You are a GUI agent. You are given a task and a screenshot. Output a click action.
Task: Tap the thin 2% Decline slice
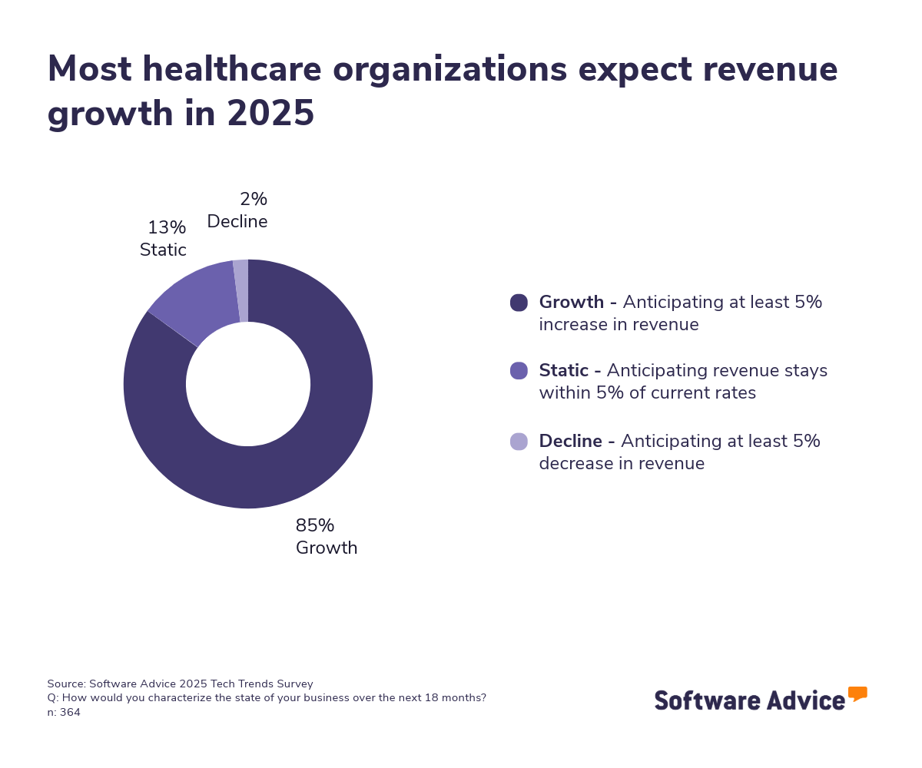[x=241, y=290]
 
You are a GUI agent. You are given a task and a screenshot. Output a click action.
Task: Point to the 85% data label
[x=315, y=526]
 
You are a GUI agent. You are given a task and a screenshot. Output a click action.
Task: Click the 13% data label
[x=167, y=228]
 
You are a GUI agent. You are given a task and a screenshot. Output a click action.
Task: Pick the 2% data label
[x=254, y=200]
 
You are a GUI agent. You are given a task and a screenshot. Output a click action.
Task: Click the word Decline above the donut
[x=237, y=222]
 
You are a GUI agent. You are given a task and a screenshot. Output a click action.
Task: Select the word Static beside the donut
[x=163, y=250]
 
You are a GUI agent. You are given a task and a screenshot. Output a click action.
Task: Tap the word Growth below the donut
[x=327, y=548]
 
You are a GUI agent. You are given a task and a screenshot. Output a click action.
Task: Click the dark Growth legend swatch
[x=519, y=303]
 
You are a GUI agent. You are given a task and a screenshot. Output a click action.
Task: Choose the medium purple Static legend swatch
[x=519, y=371]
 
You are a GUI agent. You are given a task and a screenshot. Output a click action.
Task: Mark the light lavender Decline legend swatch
[x=519, y=442]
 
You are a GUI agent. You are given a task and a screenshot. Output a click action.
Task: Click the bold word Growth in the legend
[x=572, y=303]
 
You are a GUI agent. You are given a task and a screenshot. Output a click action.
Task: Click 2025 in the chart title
[x=270, y=114]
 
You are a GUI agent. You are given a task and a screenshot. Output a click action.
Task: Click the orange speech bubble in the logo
[x=857, y=693]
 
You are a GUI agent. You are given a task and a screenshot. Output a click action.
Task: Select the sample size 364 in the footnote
[x=70, y=712]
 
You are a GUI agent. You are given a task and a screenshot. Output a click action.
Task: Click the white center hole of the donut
[x=248, y=384]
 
